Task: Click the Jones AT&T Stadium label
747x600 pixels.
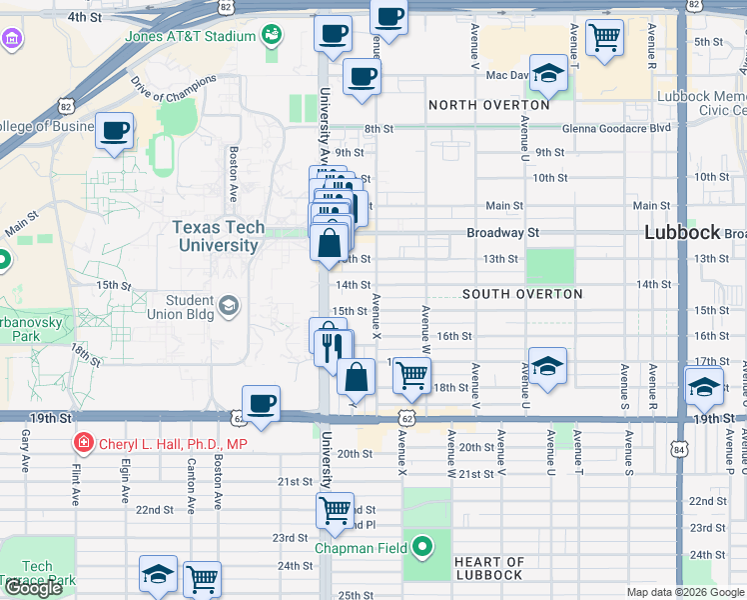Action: click(190, 37)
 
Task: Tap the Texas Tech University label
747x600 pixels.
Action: click(218, 236)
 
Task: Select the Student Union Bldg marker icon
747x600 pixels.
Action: click(229, 305)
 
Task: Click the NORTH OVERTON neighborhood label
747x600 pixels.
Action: click(489, 105)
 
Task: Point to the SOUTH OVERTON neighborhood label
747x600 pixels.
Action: click(522, 294)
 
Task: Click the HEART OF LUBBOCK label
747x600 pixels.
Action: click(489, 568)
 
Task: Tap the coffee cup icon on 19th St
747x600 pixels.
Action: click(262, 403)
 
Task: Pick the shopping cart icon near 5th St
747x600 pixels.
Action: click(605, 38)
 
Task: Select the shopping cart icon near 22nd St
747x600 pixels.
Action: click(336, 510)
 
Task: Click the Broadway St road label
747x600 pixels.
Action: click(503, 232)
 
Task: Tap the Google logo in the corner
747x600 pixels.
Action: click(33, 589)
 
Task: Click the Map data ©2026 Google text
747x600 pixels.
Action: click(684, 592)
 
